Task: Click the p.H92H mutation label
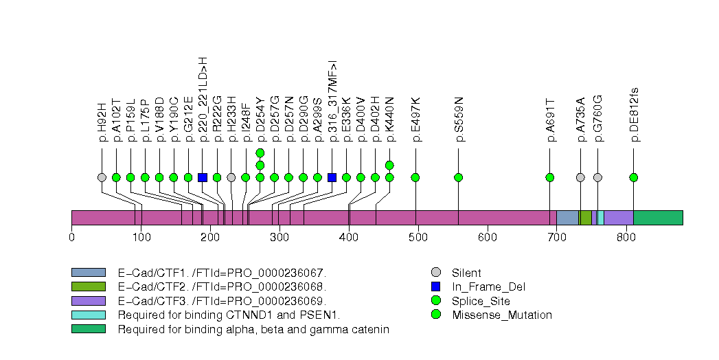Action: click(x=102, y=122)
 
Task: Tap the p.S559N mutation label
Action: click(x=459, y=120)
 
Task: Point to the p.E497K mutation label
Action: click(x=415, y=120)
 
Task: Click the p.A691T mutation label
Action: click(x=550, y=120)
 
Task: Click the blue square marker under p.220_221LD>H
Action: click(x=203, y=177)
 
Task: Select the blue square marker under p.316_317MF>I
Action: click(x=332, y=177)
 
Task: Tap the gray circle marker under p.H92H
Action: click(x=102, y=177)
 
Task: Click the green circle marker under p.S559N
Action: click(x=459, y=177)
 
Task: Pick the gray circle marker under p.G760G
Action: click(x=597, y=177)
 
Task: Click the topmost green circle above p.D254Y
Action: click(x=260, y=153)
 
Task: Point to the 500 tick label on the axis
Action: click(x=349, y=238)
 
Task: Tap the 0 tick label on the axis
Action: click(x=71, y=238)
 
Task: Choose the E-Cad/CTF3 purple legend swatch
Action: click(x=88, y=301)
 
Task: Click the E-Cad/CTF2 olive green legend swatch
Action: click(x=88, y=286)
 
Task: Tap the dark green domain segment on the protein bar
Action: click(x=658, y=218)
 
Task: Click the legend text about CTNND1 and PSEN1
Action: click(x=229, y=315)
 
